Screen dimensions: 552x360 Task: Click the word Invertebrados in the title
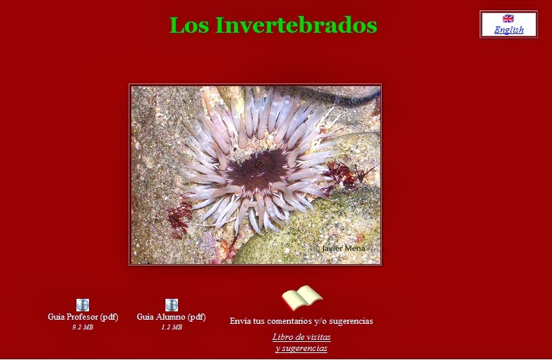tap(296, 25)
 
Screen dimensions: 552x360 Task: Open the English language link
tap(509, 30)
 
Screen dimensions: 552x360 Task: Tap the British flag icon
tap(508, 18)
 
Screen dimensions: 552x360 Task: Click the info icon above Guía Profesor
tap(83, 305)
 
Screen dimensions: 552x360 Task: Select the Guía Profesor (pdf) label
tap(83, 317)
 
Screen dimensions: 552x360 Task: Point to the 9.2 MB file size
tap(83, 327)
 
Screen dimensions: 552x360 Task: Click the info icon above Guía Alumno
tap(172, 305)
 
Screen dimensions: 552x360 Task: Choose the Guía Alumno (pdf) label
tap(171, 317)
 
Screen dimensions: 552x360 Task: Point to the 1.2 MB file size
tap(172, 327)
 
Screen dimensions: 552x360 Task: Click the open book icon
tap(302, 298)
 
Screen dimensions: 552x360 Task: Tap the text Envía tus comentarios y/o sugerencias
tap(301, 321)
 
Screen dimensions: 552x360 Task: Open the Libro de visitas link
tap(301, 337)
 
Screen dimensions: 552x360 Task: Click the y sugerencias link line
tap(301, 348)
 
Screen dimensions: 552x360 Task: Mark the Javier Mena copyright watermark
tap(339, 248)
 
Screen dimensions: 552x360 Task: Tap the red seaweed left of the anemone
tap(180, 219)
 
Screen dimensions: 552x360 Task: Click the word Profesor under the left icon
tap(82, 317)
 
